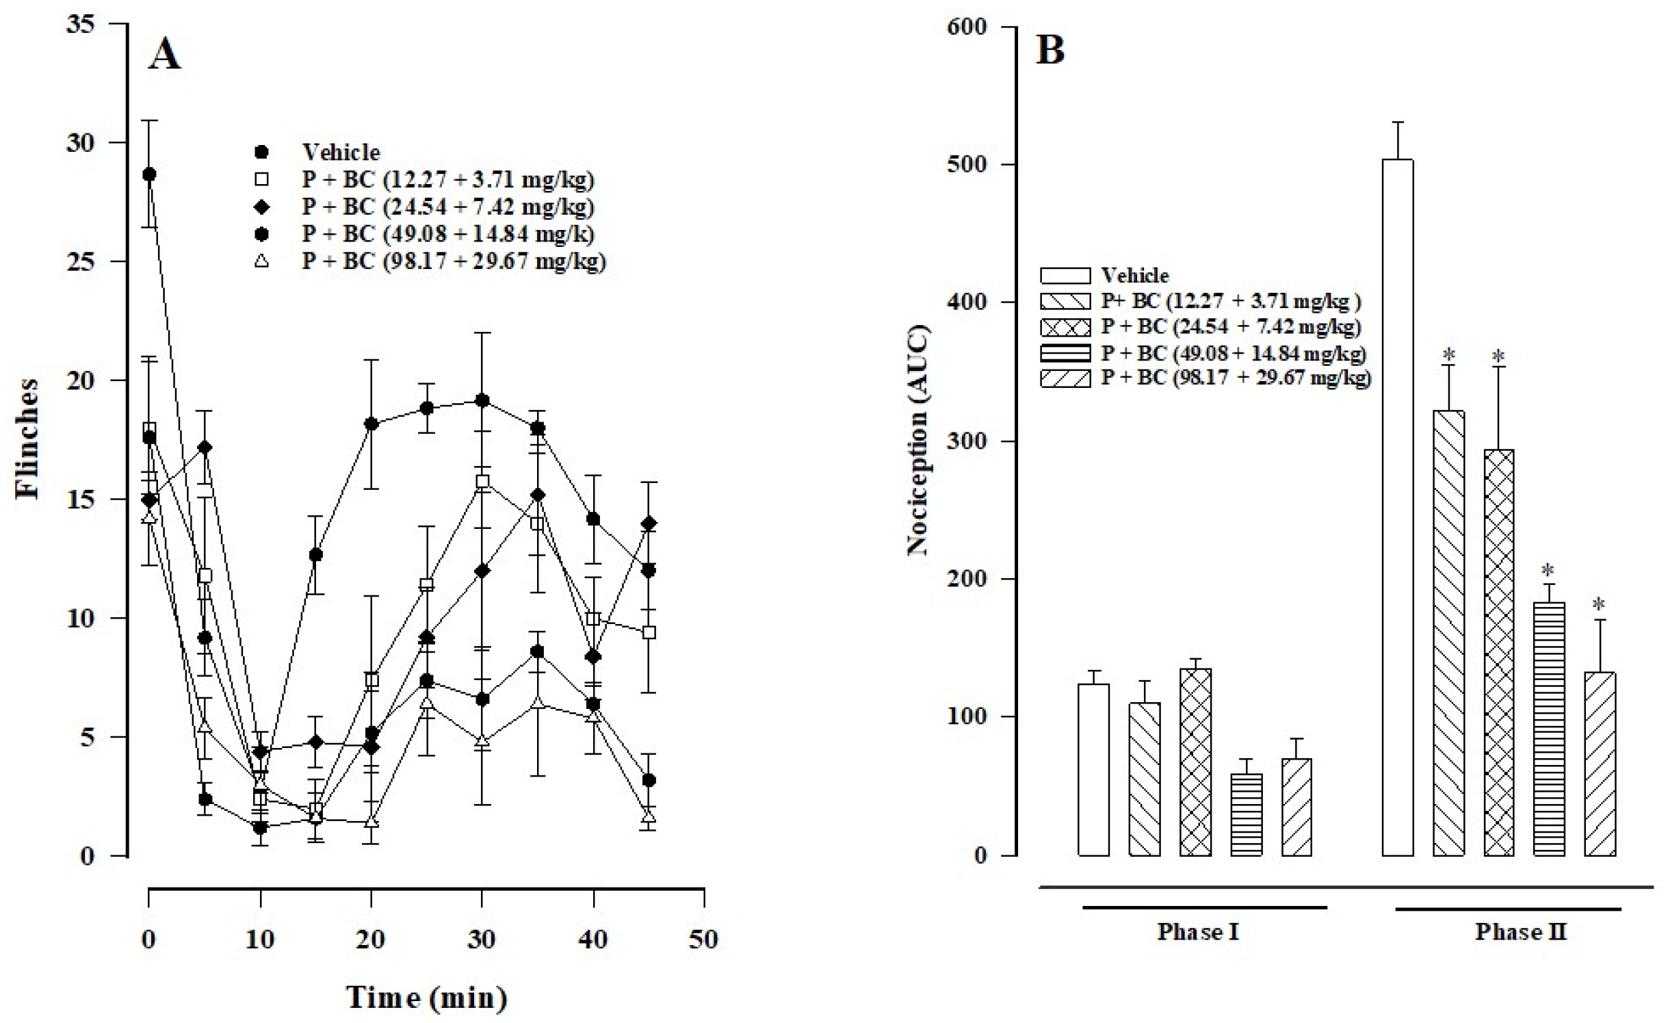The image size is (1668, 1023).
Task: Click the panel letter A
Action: coord(164,54)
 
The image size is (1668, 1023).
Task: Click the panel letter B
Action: coord(1050,50)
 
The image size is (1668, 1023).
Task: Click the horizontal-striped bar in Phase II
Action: coord(1549,728)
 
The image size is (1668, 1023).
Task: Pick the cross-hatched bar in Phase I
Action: coord(1195,762)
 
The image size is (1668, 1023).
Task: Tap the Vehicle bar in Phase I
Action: coord(1093,769)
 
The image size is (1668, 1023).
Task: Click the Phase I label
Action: coord(1197,932)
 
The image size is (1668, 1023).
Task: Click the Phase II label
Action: coord(1520,932)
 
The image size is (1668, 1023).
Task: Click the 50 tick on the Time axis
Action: coord(703,939)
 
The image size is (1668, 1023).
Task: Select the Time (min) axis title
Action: coord(426,997)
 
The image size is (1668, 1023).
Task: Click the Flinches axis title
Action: coord(27,438)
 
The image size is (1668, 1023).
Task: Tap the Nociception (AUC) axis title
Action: coord(917,441)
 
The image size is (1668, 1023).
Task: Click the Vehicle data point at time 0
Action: coord(149,174)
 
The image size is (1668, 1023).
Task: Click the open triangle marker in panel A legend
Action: coord(261,261)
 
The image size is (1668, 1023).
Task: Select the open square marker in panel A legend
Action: coord(261,179)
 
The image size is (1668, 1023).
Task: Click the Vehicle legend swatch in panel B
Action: coord(1065,276)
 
